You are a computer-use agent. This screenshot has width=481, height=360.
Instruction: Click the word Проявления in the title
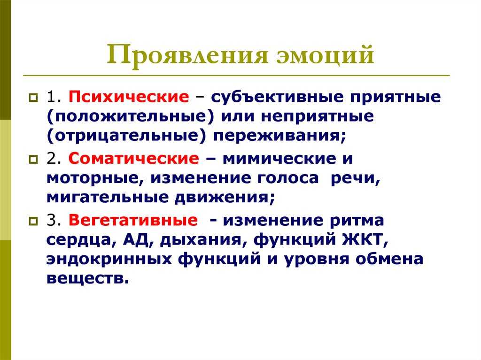click(x=187, y=55)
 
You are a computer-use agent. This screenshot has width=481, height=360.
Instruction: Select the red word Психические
click(x=129, y=97)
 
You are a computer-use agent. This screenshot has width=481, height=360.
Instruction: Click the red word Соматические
click(x=134, y=159)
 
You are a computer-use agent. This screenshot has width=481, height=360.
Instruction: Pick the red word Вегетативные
click(x=133, y=220)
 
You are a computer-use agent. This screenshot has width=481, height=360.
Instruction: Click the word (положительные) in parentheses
click(x=130, y=116)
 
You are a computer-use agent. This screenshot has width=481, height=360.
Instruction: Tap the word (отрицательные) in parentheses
click(x=126, y=136)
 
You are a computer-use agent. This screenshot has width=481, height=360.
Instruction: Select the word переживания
click(x=279, y=136)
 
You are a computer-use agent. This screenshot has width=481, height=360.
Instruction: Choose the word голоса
click(x=288, y=178)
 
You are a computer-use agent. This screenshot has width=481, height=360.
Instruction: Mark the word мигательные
click(x=108, y=198)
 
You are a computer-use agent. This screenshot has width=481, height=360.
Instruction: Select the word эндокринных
click(x=109, y=260)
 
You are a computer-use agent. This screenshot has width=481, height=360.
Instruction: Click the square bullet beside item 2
click(x=33, y=160)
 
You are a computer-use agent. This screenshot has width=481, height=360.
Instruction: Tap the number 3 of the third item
click(x=52, y=220)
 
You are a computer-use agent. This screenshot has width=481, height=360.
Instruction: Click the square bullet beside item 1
click(x=33, y=98)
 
